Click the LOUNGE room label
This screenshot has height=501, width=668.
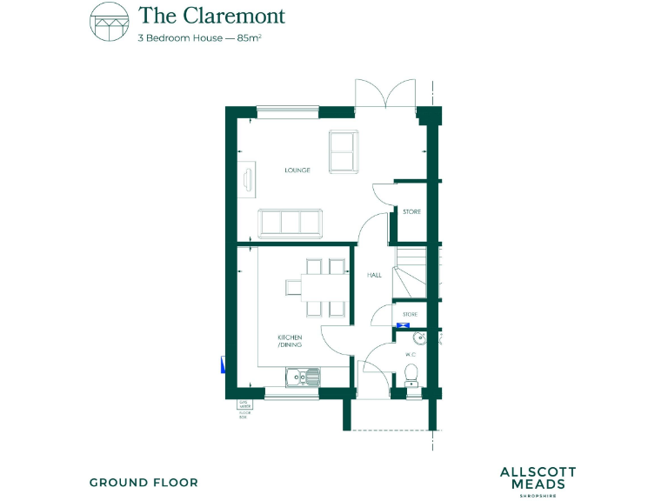pyautogui.click(x=297, y=170)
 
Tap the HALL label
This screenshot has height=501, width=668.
pyautogui.click(x=374, y=275)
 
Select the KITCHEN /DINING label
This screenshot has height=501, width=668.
pyautogui.click(x=290, y=340)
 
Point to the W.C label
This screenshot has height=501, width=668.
pyautogui.click(x=411, y=355)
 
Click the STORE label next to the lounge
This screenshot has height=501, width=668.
pyautogui.click(x=411, y=211)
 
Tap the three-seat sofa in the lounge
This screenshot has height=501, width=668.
pyautogui.click(x=291, y=223)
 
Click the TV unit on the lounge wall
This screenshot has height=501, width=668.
pyautogui.click(x=248, y=180)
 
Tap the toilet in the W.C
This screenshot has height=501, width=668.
pyautogui.click(x=412, y=374)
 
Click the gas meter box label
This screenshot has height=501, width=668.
pyautogui.click(x=244, y=409)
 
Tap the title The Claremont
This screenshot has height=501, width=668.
pyautogui.click(x=211, y=16)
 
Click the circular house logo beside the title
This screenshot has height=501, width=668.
pyautogui.click(x=108, y=23)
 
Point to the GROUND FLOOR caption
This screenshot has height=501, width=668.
pyautogui.click(x=144, y=482)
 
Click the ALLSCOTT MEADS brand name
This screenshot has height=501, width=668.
pyautogui.click(x=538, y=478)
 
